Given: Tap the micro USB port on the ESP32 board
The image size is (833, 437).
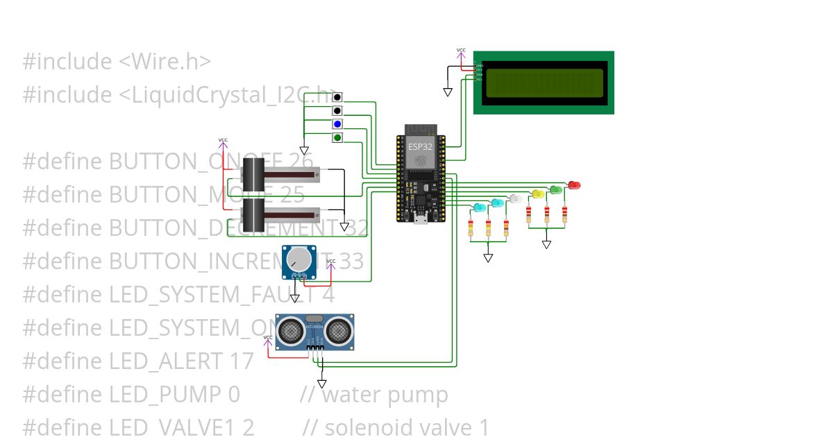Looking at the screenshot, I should (419, 220).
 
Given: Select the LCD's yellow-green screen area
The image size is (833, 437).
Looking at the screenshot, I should (544, 83).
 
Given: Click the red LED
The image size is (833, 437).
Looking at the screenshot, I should (574, 185).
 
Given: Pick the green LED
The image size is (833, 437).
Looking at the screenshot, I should (555, 189).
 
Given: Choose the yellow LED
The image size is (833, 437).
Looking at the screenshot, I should (537, 194).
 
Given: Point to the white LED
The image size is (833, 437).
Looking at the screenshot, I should (515, 199).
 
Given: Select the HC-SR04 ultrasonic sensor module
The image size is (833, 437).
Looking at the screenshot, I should (316, 332).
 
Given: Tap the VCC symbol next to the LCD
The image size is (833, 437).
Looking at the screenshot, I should (461, 51).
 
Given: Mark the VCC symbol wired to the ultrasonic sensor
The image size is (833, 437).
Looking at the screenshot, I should (268, 339).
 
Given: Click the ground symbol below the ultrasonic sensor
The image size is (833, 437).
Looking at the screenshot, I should (321, 384).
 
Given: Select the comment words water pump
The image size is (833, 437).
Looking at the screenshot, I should (385, 395).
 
